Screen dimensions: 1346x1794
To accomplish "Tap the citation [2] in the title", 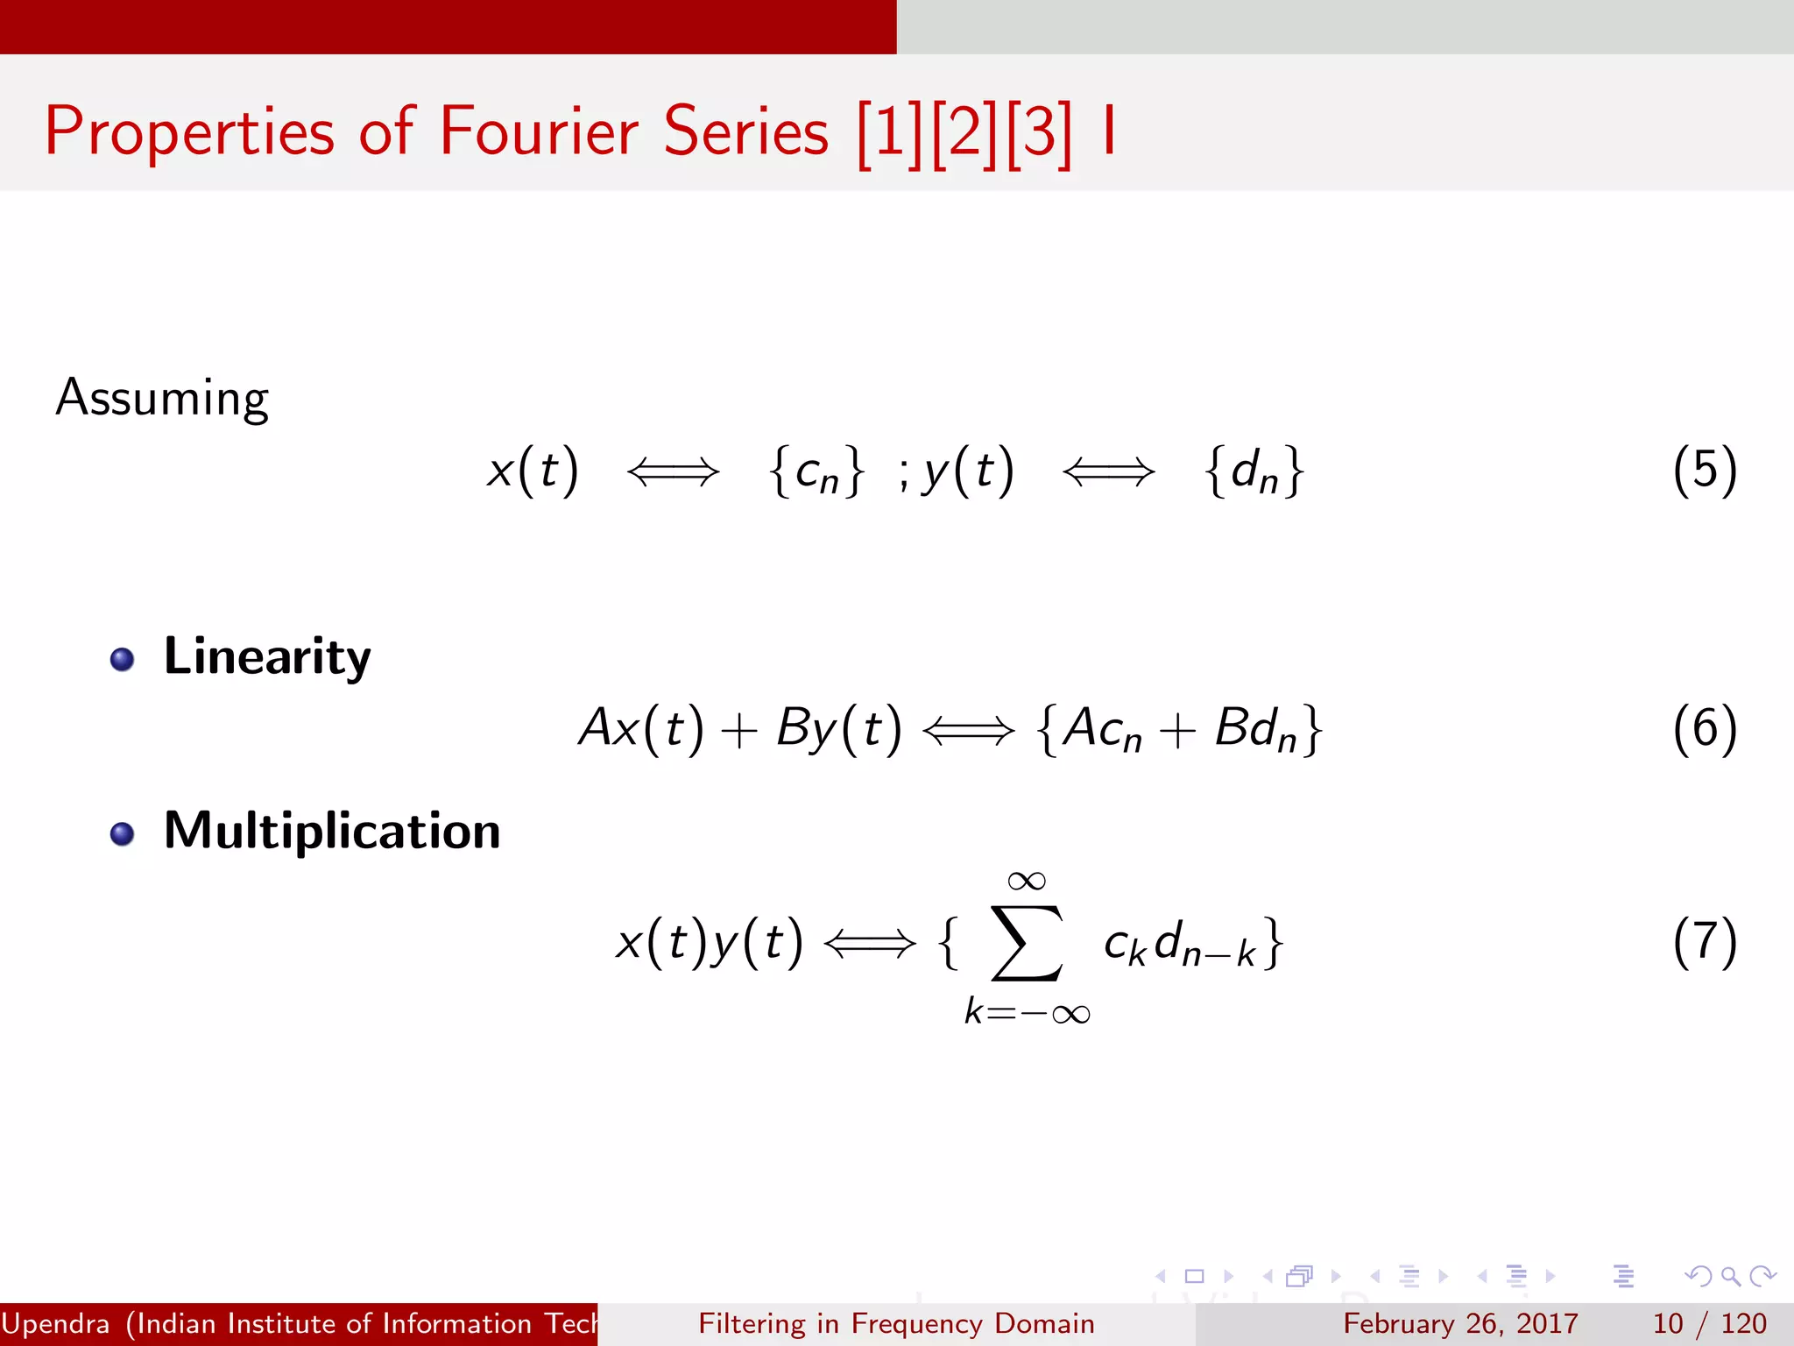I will click(964, 132).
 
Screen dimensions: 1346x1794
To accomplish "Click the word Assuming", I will click(162, 399).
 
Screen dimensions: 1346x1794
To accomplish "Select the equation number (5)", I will click(1704, 471).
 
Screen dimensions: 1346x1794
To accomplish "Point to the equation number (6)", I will click(1704, 729).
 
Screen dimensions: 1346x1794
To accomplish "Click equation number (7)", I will click(1704, 943).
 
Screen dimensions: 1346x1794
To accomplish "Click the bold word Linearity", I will click(267, 657).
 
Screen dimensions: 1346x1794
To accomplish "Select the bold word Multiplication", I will click(332, 831).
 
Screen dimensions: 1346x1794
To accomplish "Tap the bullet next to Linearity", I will click(123, 659).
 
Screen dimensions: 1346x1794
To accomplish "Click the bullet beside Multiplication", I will click(123, 833).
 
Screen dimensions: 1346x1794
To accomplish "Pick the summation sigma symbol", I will click(1027, 944).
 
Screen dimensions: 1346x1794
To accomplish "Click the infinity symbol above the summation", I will click(1027, 880).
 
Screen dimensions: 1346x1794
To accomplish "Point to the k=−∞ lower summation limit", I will click(1027, 1013).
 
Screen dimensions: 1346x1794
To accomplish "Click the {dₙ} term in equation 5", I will click(1254, 471).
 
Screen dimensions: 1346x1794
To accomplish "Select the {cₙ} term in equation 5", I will click(817, 471).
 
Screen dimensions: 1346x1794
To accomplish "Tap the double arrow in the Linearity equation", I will click(968, 730).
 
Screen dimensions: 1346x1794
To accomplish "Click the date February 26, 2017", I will click(1460, 1323).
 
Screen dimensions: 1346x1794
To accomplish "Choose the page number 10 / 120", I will click(1709, 1323).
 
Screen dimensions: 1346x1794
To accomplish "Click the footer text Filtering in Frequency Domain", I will click(896, 1323).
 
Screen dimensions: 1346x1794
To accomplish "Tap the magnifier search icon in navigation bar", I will click(1730, 1276).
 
